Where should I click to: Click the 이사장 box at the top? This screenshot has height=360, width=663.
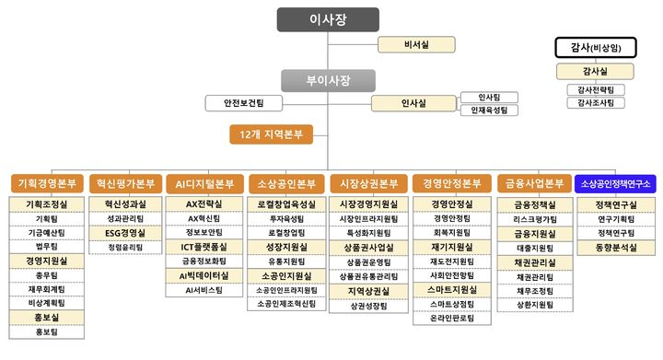pos(327,19)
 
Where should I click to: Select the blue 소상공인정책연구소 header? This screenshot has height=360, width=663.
pos(617,183)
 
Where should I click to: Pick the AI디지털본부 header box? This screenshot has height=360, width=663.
pos(204,183)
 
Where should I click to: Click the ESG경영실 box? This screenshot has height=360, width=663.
pos(124,233)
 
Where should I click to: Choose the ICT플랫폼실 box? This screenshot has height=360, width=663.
pos(204,248)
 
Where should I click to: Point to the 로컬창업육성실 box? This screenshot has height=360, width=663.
pos(286,204)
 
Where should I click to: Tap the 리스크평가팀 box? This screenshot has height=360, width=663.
pos(534,219)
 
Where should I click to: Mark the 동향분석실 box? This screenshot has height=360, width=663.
pos(617,248)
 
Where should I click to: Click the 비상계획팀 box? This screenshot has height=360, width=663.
pos(45,302)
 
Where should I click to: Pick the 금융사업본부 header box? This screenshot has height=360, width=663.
pos(534,183)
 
